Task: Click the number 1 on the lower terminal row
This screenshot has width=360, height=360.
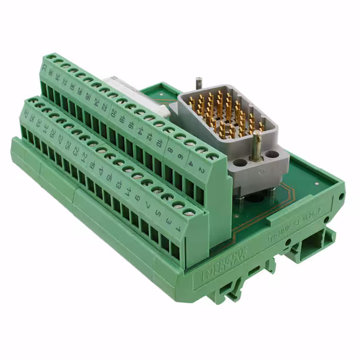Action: (176, 229)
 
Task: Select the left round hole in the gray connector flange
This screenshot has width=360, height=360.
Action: (238, 162)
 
